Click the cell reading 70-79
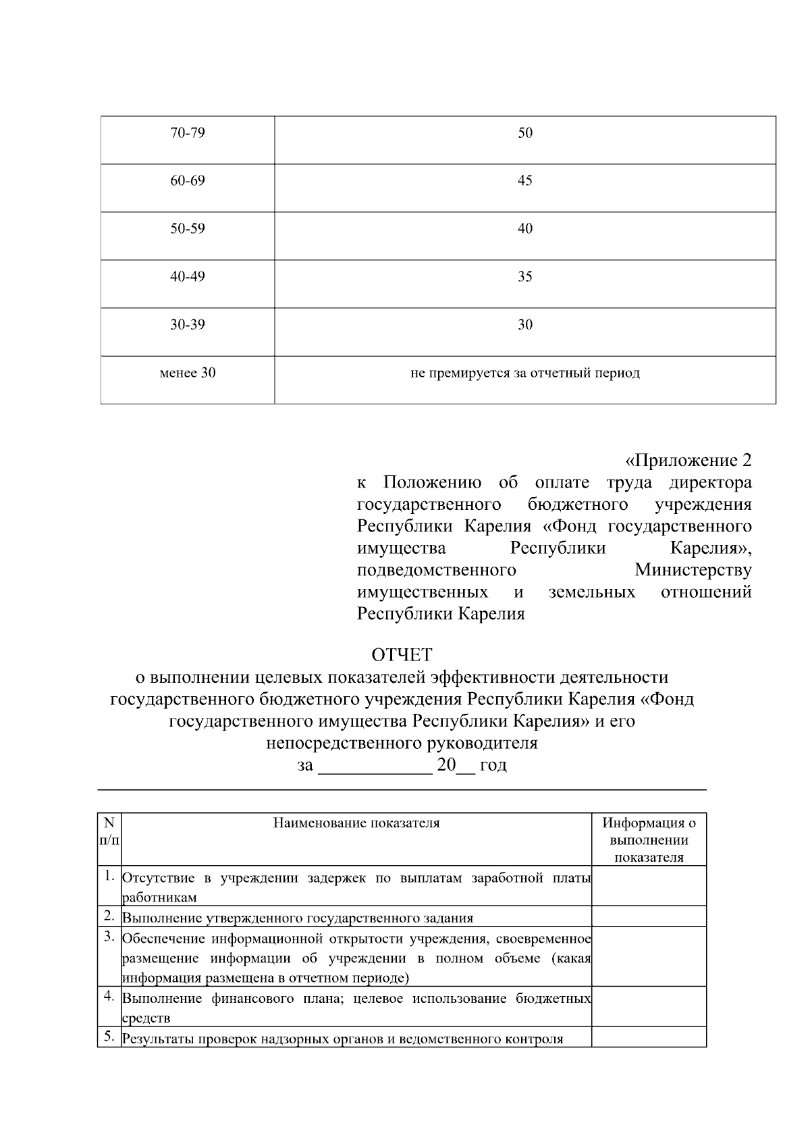pos(187,133)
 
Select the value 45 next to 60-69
pos(524,181)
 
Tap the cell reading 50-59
pos(187,229)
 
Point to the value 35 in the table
pos(524,277)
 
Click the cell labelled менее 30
pos(187,373)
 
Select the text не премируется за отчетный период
pos(524,373)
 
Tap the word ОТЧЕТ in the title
pos(402,655)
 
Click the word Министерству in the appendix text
pos(693,571)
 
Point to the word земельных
pos(591,592)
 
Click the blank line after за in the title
pos(375,766)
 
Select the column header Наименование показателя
pos(356,823)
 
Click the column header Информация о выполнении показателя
pos(649,840)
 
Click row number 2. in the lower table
pos(109,916)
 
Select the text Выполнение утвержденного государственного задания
pos(297,918)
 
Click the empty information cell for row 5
pos(649,1037)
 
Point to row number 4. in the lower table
pos(109,996)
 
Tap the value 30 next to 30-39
pos(524,325)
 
